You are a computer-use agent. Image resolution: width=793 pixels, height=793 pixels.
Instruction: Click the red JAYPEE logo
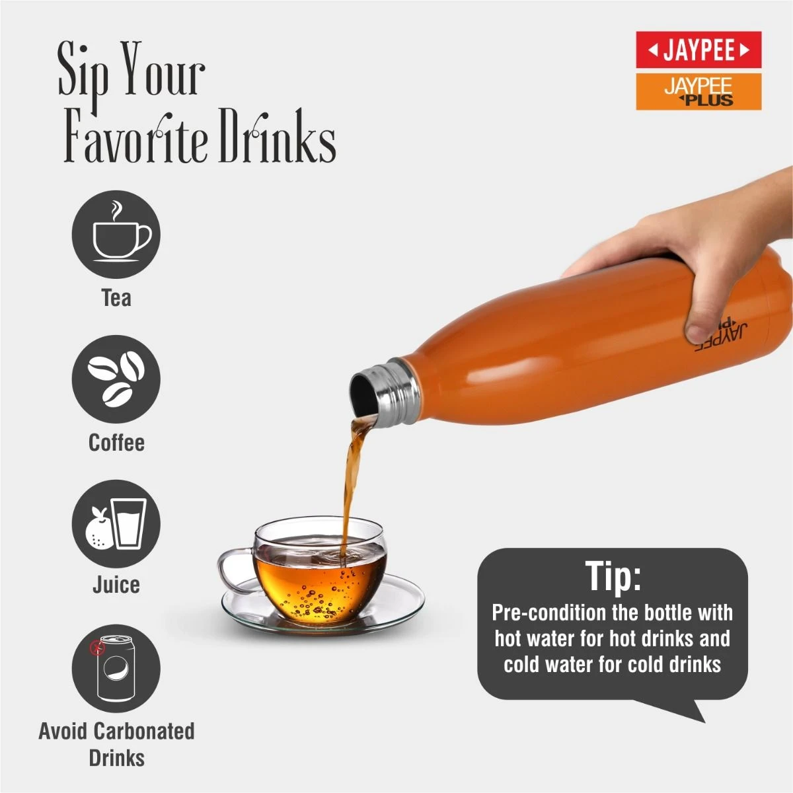[699, 50]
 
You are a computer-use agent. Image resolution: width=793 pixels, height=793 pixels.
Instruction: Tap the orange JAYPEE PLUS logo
[699, 92]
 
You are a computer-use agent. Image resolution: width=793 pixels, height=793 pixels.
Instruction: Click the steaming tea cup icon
[116, 234]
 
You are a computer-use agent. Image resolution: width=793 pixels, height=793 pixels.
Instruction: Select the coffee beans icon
[116, 379]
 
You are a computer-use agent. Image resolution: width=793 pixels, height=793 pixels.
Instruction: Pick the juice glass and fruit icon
[116, 524]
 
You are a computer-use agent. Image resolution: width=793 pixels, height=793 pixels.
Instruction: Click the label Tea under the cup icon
[116, 297]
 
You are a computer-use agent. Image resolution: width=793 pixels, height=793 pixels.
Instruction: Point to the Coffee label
[116, 443]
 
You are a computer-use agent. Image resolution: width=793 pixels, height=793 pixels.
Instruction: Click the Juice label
[116, 585]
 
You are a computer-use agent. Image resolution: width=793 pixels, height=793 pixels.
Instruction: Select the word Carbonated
[144, 732]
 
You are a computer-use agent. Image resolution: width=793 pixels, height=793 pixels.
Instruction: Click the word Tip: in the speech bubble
[613, 576]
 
